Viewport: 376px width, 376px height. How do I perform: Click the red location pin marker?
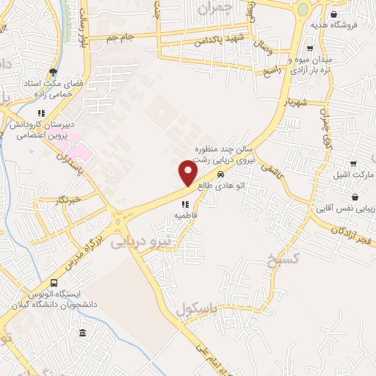coord(189,173)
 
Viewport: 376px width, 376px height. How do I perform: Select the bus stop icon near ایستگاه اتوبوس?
coord(54,283)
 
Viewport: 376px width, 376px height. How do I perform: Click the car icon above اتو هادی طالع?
coord(220,175)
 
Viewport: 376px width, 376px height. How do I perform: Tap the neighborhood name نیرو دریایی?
coord(140,241)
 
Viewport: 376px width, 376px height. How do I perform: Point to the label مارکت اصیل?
coord(359,176)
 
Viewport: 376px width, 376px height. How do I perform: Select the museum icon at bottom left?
coord(82,333)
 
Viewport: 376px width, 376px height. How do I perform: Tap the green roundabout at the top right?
coord(303,10)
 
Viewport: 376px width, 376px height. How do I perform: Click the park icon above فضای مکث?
coord(54,72)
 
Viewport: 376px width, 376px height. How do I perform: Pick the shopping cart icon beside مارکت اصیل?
coord(353,163)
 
